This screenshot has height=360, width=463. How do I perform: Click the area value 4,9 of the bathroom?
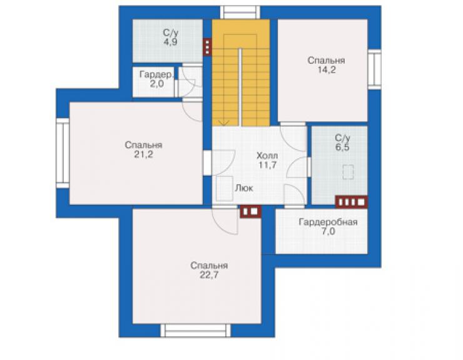click(x=170, y=42)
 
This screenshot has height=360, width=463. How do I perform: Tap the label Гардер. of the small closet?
click(x=156, y=75)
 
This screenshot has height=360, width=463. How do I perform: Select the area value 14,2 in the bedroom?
click(x=326, y=70)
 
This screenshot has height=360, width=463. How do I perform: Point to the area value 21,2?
click(x=143, y=155)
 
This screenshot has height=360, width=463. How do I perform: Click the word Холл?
click(x=267, y=155)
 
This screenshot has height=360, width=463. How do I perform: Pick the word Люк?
click(x=244, y=188)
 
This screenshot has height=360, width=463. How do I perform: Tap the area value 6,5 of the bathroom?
click(x=342, y=147)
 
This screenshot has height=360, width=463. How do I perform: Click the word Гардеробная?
click(x=328, y=222)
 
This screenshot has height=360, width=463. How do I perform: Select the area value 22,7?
click(x=209, y=275)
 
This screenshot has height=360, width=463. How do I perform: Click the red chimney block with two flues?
click(x=250, y=212)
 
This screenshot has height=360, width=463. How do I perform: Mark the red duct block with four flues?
click(x=352, y=202)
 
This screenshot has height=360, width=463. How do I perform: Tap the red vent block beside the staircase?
click(x=207, y=47)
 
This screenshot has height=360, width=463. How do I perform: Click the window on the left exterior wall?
click(x=63, y=153)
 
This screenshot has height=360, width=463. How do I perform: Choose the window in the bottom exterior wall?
click(x=195, y=331)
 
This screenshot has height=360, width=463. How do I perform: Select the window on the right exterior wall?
click(x=374, y=69)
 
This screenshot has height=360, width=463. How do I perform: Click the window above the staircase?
click(x=240, y=13)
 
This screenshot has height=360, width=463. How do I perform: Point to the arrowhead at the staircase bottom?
click(x=224, y=123)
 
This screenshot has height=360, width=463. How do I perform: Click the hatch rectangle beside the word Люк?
click(x=225, y=188)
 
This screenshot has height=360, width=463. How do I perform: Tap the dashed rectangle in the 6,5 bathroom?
click(x=348, y=172)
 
